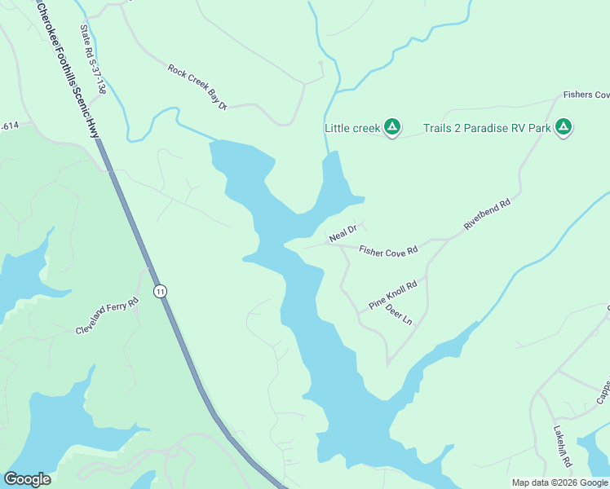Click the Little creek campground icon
click(392, 127)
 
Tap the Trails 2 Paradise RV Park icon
click(563, 127)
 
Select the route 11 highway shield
click(161, 291)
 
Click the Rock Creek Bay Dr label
click(197, 86)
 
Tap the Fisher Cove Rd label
click(388, 250)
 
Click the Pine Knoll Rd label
click(393, 295)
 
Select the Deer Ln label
click(399, 315)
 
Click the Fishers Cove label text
click(586, 95)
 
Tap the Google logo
click(27, 479)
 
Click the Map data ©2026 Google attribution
click(559, 482)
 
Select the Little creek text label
click(352, 128)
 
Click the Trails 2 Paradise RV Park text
click(486, 128)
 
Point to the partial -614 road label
click(9, 126)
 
